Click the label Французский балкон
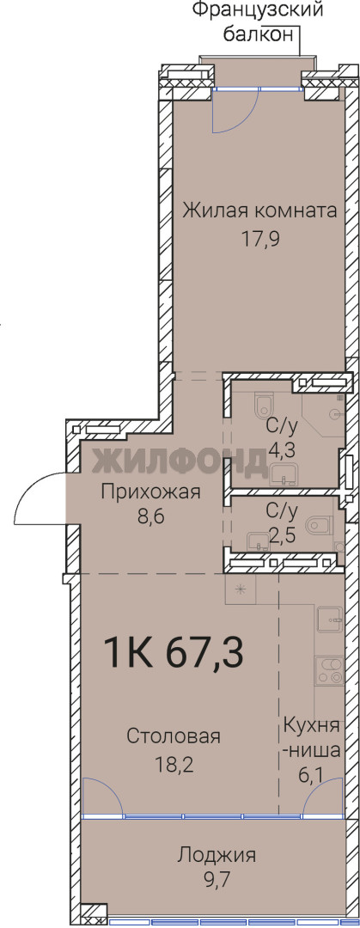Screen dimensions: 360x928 click(x=259, y=21)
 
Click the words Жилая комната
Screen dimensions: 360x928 click(x=260, y=211)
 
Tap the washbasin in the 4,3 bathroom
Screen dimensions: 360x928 click(x=285, y=474)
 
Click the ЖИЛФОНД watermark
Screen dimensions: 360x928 click(x=180, y=461)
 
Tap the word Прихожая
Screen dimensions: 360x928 click(x=151, y=491)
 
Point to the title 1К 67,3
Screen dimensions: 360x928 click(x=174, y=653)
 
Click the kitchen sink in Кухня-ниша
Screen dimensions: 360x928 click(x=329, y=620)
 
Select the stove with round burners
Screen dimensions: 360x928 click(x=328, y=671)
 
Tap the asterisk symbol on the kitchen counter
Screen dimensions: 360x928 click(x=241, y=589)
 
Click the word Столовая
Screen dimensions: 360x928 click(x=174, y=737)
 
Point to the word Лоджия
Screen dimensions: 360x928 click(x=217, y=855)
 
